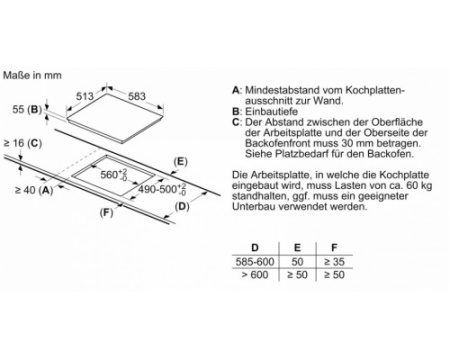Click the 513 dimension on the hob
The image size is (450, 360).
[x=85, y=96]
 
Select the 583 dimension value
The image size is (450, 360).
[x=137, y=96]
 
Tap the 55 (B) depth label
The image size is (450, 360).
[x=27, y=109]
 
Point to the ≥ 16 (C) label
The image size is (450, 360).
[x=23, y=143]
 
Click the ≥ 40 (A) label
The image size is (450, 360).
[x=34, y=190]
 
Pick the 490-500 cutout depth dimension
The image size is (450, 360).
[x=162, y=189]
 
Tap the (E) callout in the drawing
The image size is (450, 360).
[x=180, y=162]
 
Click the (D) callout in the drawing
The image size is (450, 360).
[x=182, y=207]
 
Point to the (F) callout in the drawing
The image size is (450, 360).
[x=106, y=212]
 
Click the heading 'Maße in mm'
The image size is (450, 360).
[x=32, y=75]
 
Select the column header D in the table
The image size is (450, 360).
[x=255, y=248]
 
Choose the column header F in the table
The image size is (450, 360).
[x=334, y=248]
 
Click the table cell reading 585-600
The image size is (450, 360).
[x=255, y=262]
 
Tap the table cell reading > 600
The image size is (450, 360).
[x=255, y=275]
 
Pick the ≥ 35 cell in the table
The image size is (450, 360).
[x=334, y=262]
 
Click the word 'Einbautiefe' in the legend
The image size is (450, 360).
[x=271, y=111]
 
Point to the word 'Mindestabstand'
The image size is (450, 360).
[x=282, y=90]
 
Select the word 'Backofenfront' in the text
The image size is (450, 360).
[x=278, y=143]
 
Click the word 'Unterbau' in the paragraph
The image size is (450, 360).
[x=254, y=206]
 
